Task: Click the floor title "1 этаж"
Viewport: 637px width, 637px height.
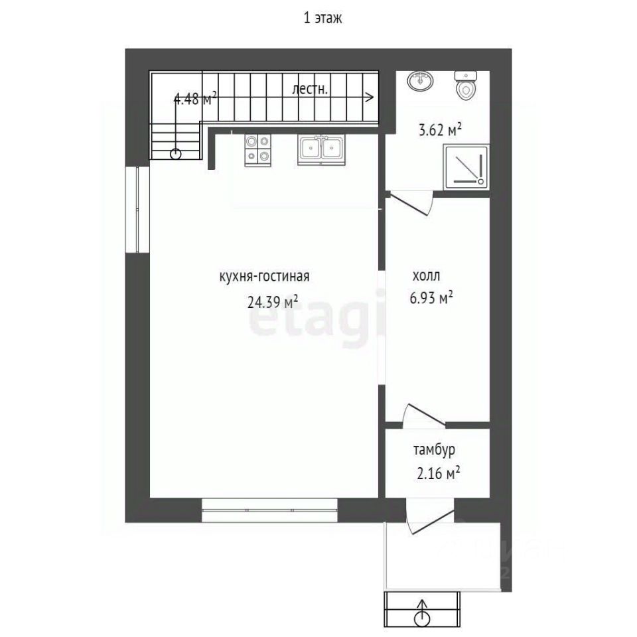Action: [x=322, y=19]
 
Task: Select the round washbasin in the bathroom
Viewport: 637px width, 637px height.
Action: [x=419, y=81]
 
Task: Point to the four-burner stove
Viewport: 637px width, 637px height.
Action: [x=257, y=151]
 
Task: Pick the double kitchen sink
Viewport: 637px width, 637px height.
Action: [x=321, y=151]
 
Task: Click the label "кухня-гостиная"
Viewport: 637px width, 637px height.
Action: [x=264, y=276]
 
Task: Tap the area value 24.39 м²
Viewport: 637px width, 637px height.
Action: [x=273, y=301]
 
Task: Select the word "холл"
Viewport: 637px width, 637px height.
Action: [x=426, y=276]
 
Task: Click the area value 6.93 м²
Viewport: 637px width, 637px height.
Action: [x=431, y=298]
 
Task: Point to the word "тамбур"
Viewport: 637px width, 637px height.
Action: [x=434, y=450]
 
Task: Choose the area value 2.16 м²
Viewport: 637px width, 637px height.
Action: [x=439, y=473]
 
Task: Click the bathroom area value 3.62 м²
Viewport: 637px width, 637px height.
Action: [x=440, y=131]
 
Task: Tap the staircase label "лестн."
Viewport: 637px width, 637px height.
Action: [x=310, y=89]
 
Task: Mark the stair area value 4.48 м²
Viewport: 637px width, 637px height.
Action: [x=195, y=99]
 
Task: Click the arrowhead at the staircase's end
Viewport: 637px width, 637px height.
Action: [x=370, y=97]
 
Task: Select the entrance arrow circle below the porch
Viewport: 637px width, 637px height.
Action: [x=422, y=618]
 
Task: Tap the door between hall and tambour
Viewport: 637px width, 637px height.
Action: [x=424, y=415]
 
